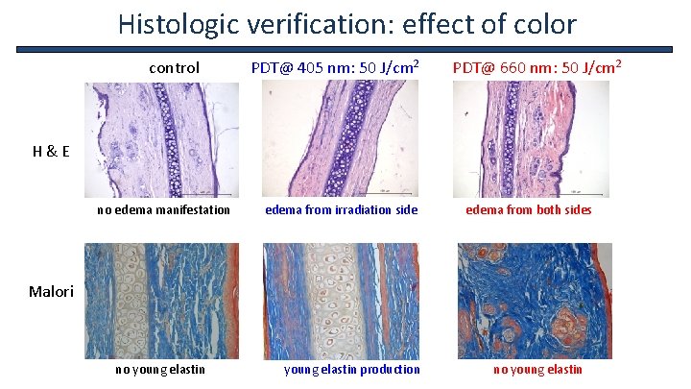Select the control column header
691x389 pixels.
[x=174, y=68]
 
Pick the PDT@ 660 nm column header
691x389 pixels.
[x=537, y=68]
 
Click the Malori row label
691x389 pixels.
[x=51, y=291]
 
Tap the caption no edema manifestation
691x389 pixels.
[x=164, y=209]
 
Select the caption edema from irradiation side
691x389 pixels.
[x=342, y=209]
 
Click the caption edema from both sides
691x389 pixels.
[x=529, y=209]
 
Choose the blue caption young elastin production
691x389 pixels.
[x=352, y=369]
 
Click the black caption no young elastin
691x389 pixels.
[x=159, y=369]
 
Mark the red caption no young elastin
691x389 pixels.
[x=537, y=369]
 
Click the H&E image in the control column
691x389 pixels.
[x=161, y=138]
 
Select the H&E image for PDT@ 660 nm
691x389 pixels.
[x=531, y=138]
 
